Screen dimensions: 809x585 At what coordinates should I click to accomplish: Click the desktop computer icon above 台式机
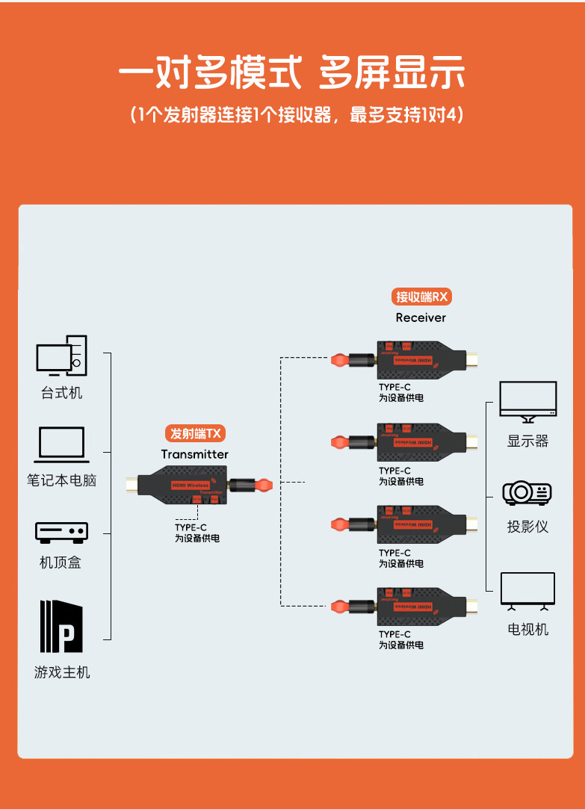61,355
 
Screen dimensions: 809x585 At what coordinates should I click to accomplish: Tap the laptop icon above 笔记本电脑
61,444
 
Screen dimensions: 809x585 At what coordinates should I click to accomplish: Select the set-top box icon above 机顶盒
61,532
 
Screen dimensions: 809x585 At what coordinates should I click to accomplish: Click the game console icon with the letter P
61,626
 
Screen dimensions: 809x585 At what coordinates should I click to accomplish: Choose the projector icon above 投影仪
527,492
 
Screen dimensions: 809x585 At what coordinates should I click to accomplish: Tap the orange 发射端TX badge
194,433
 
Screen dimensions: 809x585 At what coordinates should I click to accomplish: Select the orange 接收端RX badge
422,297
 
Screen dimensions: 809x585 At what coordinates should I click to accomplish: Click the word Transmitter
194,454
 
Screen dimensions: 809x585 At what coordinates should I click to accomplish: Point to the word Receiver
421,317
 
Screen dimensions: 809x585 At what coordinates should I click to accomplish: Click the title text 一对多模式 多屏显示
292,75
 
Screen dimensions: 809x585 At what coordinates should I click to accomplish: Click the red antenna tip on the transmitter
263,485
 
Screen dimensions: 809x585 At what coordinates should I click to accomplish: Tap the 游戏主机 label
62,672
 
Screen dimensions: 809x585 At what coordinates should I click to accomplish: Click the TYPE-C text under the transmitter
191,527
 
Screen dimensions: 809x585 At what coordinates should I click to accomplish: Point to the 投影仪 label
527,527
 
